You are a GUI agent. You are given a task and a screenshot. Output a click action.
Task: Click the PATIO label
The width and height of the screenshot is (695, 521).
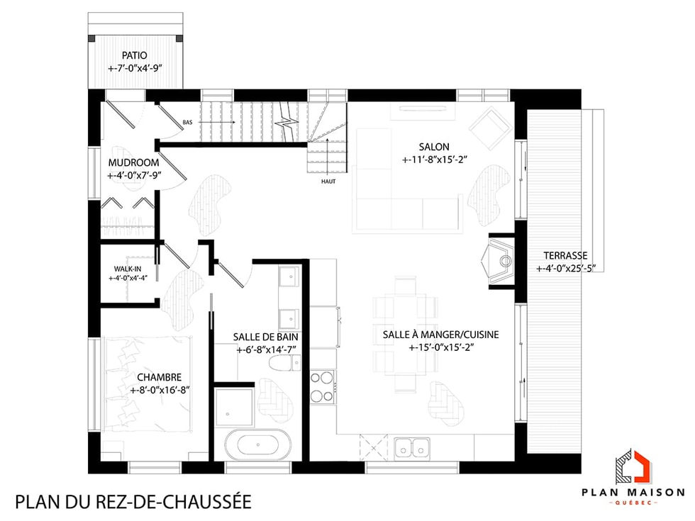135,55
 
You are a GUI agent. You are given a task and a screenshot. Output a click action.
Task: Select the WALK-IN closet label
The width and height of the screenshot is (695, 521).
128,269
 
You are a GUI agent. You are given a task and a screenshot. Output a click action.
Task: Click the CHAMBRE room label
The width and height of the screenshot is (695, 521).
160,377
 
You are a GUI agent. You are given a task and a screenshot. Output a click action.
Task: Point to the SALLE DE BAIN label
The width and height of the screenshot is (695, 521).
266,337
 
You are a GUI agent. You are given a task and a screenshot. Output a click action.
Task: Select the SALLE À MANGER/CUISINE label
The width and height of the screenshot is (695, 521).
440,335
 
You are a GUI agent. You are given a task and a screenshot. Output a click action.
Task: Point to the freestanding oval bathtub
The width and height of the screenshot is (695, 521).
257,446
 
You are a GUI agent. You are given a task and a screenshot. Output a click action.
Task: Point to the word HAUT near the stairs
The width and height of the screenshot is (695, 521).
328,181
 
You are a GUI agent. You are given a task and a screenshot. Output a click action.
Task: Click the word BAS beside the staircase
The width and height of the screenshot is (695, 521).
187,123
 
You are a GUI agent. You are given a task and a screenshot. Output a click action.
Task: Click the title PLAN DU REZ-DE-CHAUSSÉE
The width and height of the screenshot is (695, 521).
133,502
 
